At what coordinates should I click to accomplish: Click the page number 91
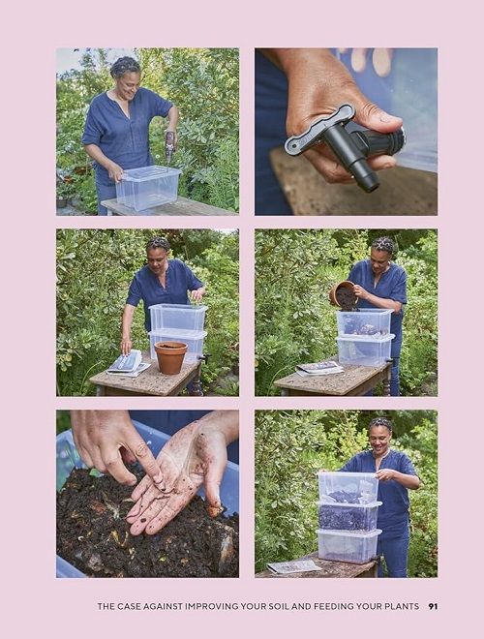click(x=433, y=606)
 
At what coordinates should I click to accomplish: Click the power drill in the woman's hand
click(x=169, y=145)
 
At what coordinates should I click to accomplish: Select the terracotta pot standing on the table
click(x=170, y=357)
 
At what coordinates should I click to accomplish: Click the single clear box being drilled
click(x=148, y=187)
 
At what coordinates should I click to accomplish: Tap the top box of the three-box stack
click(x=348, y=487)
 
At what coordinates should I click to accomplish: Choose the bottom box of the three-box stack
click(x=348, y=546)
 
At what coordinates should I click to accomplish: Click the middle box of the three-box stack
click(x=348, y=516)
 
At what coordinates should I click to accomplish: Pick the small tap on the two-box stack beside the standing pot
click(x=203, y=358)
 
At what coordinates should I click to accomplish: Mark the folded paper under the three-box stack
click(x=293, y=566)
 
